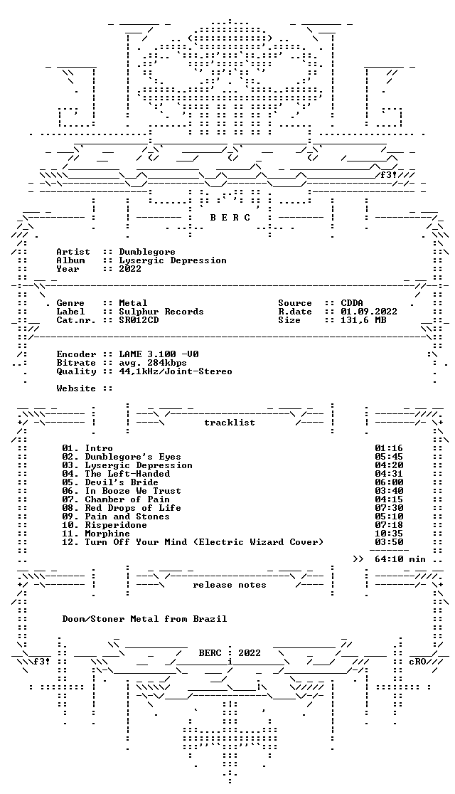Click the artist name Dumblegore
pos(147,252)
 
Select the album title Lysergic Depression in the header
pos(173,261)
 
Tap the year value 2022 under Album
pos(130,269)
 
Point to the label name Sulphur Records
pos(161,312)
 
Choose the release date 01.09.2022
pos(369,312)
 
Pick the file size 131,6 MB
pos(363,320)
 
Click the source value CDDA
pos(352,303)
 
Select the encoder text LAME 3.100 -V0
pos(156,354)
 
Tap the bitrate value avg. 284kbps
pos(153,363)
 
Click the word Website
pos(76,388)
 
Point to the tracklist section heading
pos(229,423)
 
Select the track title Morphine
pos(107,533)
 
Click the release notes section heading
pos(229,585)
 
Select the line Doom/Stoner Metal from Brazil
pos(144,619)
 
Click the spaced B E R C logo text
pos(230,218)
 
